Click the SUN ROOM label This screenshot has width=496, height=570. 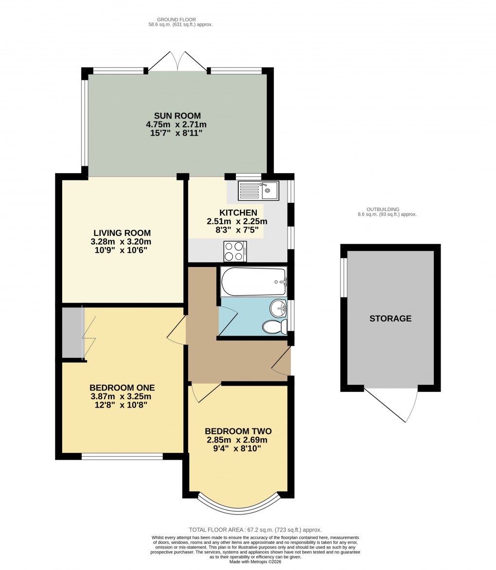tap(177, 116)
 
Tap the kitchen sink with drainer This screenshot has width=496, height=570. tap(258, 191)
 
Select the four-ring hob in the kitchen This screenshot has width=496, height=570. tap(235, 251)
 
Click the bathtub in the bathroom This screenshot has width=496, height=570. tap(253, 282)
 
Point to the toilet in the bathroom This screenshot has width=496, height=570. tap(274, 327)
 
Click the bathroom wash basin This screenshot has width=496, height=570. tap(279, 307)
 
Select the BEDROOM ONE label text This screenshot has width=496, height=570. tap(122, 388)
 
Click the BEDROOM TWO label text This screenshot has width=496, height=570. tap(238, 431)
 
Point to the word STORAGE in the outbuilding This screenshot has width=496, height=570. tap(390, 319)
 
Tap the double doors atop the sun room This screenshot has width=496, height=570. tap(177, 62)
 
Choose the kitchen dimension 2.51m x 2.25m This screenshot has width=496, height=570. tap(237, 221)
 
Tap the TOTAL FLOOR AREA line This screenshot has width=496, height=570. tap(255, 530)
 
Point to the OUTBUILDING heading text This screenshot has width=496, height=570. tap(383, 209)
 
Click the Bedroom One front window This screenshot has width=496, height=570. tap(122, 456)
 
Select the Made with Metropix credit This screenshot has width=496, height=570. tap(255, 562)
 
